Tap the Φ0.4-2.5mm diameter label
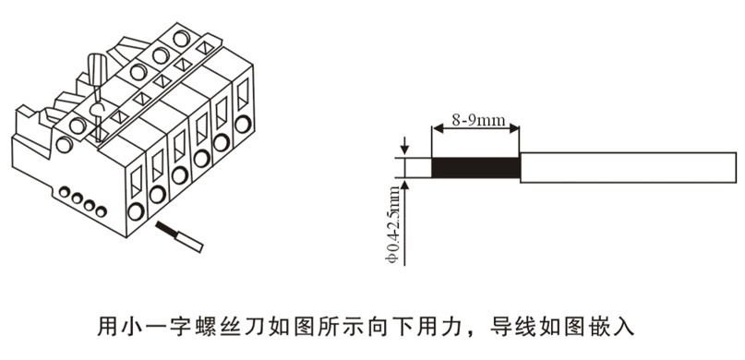pyautogui.click(x=393, y=223)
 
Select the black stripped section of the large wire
pyautogui.click(x=475, y=167)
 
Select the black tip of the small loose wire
pyautogui.click(x=163, y=228)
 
